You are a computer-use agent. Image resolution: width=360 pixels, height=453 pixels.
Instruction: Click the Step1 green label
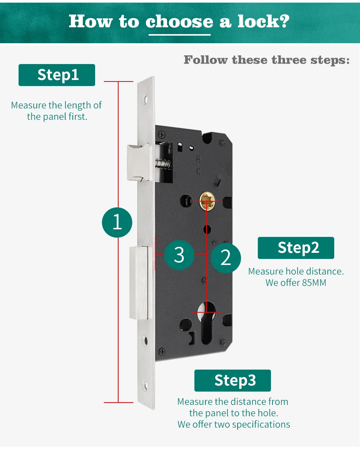pyautogui.click(x=57, y=75)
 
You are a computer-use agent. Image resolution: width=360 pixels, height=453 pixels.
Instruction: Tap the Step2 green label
pyautogui.click(x=296, y=248)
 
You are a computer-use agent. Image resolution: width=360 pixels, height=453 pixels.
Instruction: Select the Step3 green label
pyautogui.click(x=233, y=380)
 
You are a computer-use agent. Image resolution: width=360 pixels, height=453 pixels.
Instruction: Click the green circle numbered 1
pyautogui.click(x=117, y=222)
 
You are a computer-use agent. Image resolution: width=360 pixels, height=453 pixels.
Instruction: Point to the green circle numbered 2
pyautogui.click(x=225, y=258)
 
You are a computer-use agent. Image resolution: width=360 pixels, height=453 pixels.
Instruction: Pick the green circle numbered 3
pyautogui.click(x=179, y=255)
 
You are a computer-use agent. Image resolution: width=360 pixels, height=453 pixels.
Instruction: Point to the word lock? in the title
pyautogui.click(x=263, y=22)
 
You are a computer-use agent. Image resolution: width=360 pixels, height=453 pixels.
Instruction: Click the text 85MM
pyautogui.click(x=314, y=283)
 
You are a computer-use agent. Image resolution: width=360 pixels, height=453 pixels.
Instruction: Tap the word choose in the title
pyautogui.click(x=179, y=22)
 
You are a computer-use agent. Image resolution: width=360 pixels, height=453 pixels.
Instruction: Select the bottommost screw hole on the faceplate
pyautogui.click(x=145, y=386)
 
